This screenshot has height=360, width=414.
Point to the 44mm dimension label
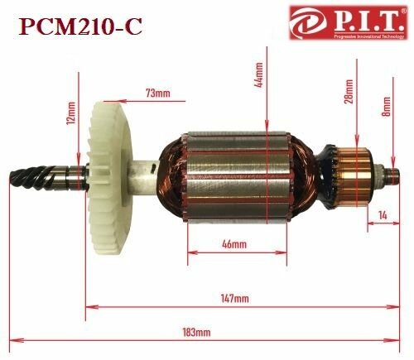click(x=260, y=79)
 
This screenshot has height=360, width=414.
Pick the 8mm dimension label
click(x=387, y=107)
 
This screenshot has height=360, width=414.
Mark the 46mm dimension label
click(x=233, y=245)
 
